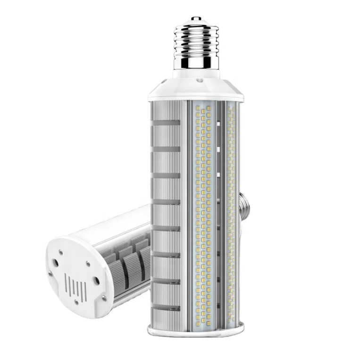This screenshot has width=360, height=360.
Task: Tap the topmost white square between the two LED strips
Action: coord(219,125)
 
